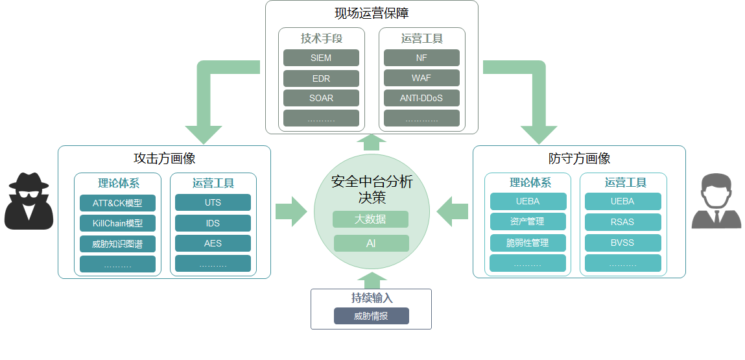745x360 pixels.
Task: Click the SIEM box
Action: click(x=321, y=58)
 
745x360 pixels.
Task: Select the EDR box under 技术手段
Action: click(x=321, y=78)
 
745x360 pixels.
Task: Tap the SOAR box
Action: click(x=321, y=99)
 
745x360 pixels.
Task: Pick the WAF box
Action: click(x=421, y=78)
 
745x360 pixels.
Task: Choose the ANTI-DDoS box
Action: click(x=421, y=99)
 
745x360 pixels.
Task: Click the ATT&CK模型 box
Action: click(x=117, y=203)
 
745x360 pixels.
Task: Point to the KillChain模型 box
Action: click(x=117, y=223)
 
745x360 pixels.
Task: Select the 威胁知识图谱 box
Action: click(x=117, y=244)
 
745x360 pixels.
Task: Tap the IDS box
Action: click(x=213, y=223)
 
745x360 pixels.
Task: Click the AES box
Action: click(x=213, y=244)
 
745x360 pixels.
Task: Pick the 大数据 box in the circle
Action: click(x=370, y=219)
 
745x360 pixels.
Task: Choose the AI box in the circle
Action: click(x=371, y=243)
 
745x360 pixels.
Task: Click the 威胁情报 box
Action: click(x=371, y=317)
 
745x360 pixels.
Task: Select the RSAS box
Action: click(x=622, y=222)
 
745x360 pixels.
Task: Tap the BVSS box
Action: click(x=622, y=243)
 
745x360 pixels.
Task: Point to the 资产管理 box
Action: click(x=527, y=222)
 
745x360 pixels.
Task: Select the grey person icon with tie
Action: click(x=716, y=202)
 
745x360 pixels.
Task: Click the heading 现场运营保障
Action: click(x=372, y=13)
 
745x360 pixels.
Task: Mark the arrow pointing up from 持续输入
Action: click(x=372, y=280)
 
